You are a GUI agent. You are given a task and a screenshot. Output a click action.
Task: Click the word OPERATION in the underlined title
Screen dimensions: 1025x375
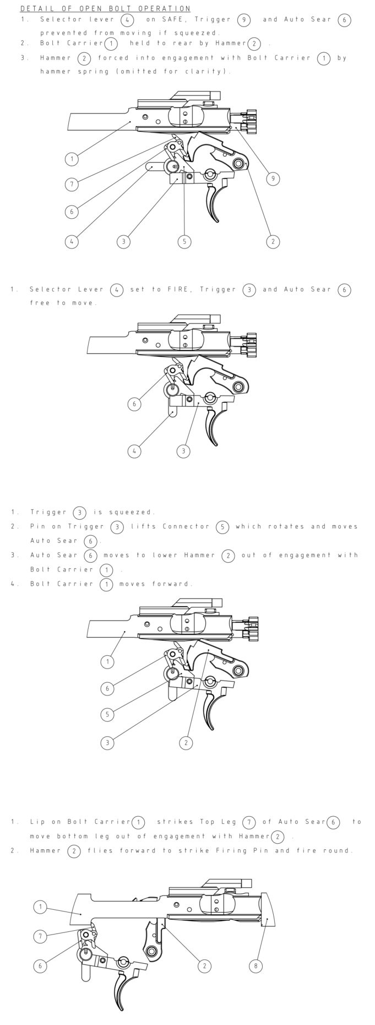coord(165,9)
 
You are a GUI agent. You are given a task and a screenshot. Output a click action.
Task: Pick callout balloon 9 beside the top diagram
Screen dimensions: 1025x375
coord(272,179)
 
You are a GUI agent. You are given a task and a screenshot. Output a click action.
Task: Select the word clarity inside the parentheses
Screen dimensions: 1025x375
coord(209,71)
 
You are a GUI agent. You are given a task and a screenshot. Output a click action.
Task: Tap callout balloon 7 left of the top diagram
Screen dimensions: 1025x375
coord(72,185)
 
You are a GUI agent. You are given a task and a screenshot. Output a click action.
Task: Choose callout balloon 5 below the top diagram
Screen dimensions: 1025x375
coord(184,241)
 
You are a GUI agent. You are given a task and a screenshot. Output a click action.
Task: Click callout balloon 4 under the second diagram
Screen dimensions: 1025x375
coord(134,451)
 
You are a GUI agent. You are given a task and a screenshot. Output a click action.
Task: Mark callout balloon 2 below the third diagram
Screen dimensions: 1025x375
coord(186,742)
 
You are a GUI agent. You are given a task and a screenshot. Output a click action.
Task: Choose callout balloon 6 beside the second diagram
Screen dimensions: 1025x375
coord(134,404)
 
